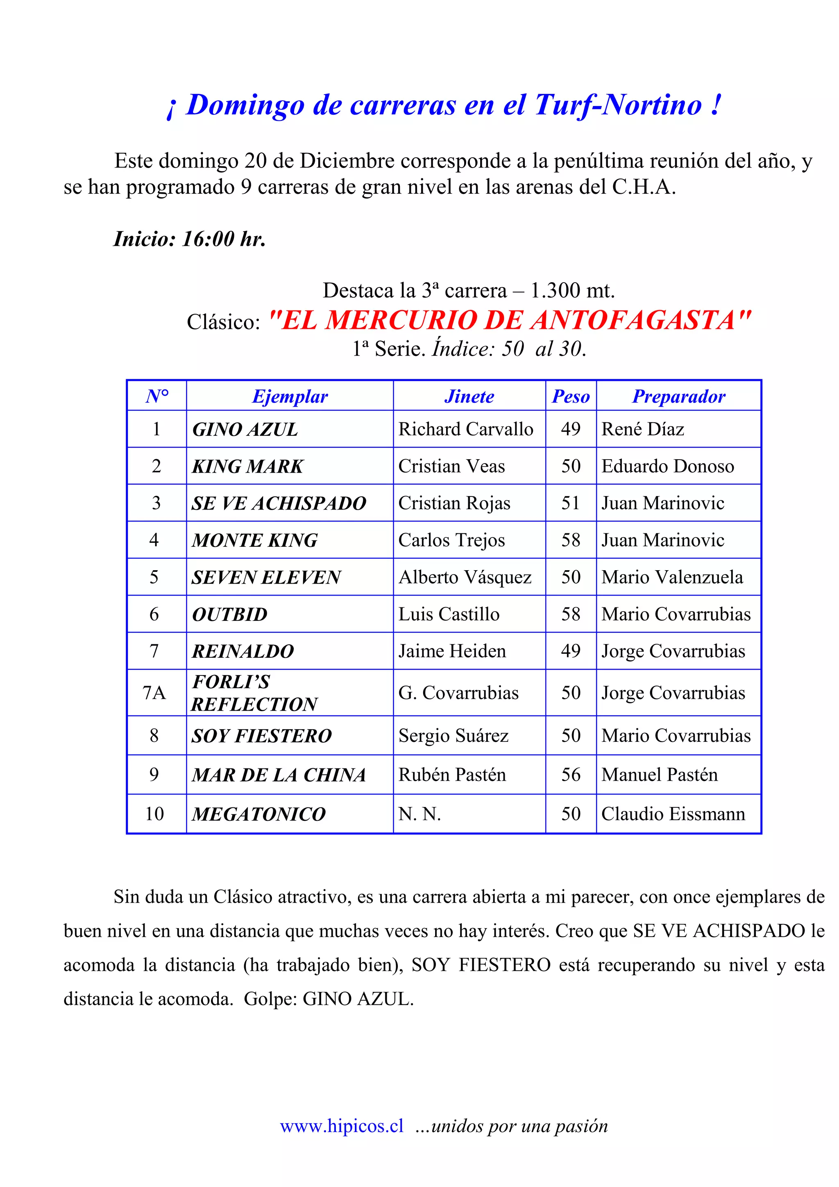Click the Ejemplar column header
tap(290, 396)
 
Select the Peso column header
tap(571, 396)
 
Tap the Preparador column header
tap(678, 396)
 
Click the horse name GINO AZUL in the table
tap(245, 430)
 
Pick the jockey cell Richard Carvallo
tap(465, 429)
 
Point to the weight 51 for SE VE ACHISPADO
tap(571, 503)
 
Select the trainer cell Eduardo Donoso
tap(667, 466)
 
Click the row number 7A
tap(154, 693)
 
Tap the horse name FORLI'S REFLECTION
tap(254, 693)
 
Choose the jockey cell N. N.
tap(419, 814)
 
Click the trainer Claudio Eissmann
tap(673, 814)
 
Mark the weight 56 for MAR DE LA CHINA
tap(571, 775)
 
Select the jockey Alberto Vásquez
tap(465, 578)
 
